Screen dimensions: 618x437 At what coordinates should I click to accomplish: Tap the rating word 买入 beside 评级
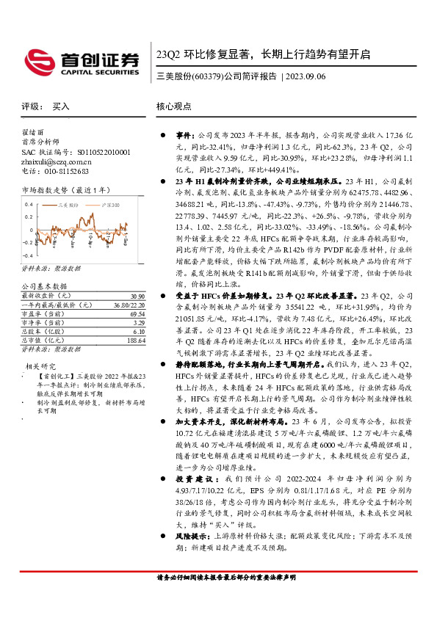(61, 107)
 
